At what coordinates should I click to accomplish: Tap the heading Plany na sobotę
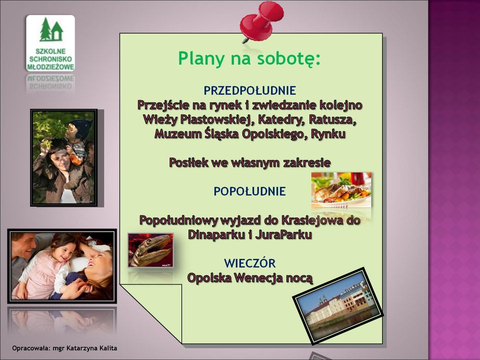tap(249, 58)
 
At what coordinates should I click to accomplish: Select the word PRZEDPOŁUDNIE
tap(250, 90)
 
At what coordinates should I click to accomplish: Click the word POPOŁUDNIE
tap(249, 191)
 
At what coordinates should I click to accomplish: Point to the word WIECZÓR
tap(250, 263)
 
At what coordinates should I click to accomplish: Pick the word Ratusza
tap(333, 119)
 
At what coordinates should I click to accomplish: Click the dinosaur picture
tap(150, 250)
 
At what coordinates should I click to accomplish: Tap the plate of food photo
tap(341, 190)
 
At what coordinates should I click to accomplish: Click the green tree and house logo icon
tap(51, 29)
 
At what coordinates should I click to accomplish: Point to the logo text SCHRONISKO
tap(50, 59)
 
